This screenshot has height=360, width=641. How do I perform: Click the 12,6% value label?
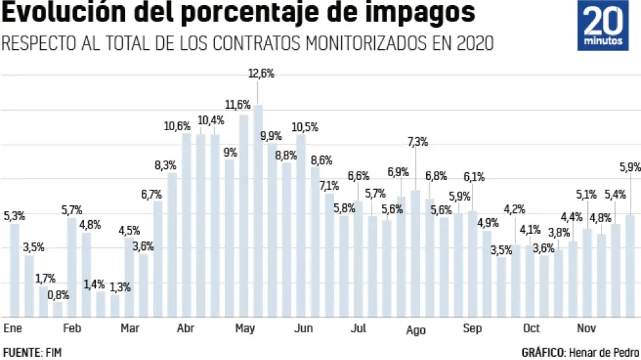[262, 74]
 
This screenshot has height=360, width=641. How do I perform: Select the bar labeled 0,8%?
[58, 310]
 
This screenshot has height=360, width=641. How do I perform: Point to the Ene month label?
[12, 328]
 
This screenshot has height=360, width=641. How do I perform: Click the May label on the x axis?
[245, 328]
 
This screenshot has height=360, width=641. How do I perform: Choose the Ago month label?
[416, 330]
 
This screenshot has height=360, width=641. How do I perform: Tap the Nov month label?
[587, 328]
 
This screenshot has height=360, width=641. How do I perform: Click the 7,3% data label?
[418, 142]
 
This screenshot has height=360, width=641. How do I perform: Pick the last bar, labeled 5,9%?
[630, 266]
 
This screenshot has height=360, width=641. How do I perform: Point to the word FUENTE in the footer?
[21, 352]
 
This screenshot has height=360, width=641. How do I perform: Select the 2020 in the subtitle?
[475, 43]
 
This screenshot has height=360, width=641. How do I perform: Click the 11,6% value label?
[238, 104]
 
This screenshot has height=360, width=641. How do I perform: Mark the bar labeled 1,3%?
[115, 306]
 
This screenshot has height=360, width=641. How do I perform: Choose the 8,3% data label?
[166, 165]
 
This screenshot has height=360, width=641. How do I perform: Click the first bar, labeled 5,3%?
[15, 271]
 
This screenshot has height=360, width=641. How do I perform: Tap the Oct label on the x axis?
[532, 328]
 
